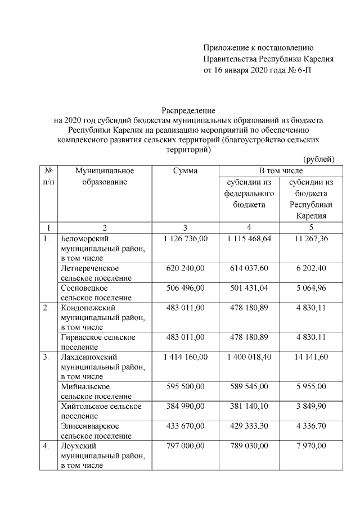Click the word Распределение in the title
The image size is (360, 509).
(189, 110)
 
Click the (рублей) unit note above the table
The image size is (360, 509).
(318, 160)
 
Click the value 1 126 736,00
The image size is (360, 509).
(185, 239)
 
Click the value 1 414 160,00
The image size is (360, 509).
(185, 357)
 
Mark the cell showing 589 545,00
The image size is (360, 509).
(250, 387)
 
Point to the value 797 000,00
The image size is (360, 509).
(185, 446)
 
